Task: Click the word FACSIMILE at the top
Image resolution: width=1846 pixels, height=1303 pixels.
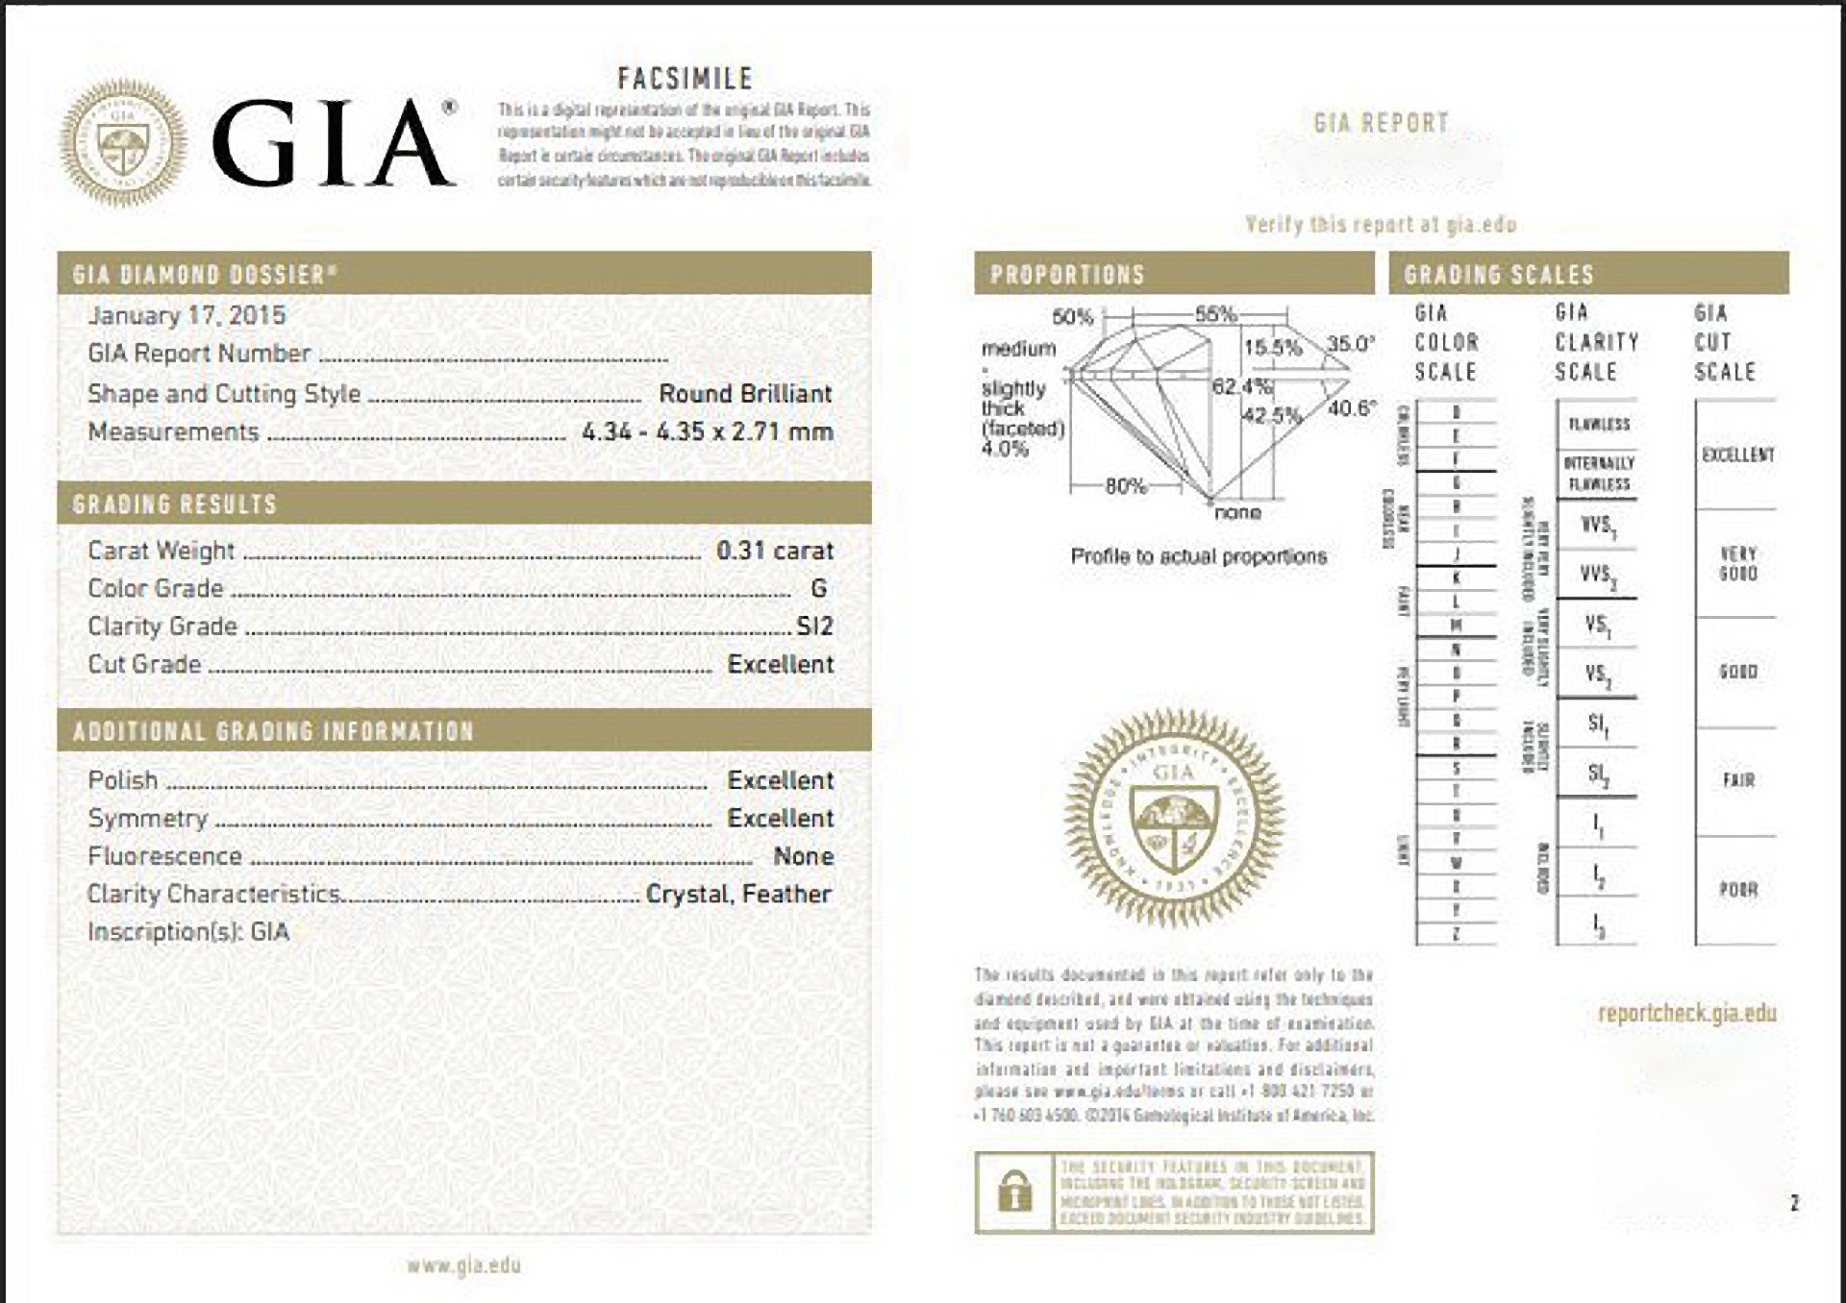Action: (685, 79)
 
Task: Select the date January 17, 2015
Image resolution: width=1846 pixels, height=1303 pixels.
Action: (187, 315)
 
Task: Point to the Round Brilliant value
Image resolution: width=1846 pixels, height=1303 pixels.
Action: (745, 394)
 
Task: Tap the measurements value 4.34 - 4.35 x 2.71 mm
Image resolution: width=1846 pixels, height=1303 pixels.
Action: (707, 432)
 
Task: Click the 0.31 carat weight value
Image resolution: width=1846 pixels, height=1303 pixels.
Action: (774, 551)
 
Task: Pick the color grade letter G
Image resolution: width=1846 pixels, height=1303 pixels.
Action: (818, 588)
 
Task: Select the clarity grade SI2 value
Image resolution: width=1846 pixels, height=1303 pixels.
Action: (814, 627)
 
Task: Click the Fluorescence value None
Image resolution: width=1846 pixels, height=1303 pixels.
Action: (803, 856)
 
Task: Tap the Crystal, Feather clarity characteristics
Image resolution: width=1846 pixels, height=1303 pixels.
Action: (738, 895)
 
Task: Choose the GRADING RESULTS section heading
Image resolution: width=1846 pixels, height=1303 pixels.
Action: (175, 504)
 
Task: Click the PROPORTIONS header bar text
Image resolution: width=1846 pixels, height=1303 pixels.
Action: (1067, 275)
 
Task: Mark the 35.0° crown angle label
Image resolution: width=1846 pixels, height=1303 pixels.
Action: (1351, 345)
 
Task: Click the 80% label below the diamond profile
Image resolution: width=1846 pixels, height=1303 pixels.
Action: (1125, 486)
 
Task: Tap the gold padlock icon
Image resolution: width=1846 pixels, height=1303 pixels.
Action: (1014, 1192)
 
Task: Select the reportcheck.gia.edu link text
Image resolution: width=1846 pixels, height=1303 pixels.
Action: (1686, 1013)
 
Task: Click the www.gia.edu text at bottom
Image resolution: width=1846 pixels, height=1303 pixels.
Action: (463, 1266)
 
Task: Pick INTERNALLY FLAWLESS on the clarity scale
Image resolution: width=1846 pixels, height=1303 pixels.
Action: (1598, 473)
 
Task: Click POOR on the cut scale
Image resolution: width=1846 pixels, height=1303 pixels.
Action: (1738, 890)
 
